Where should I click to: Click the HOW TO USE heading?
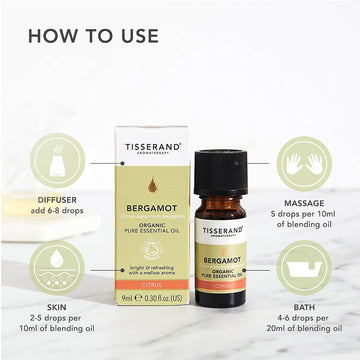(93, 35)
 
